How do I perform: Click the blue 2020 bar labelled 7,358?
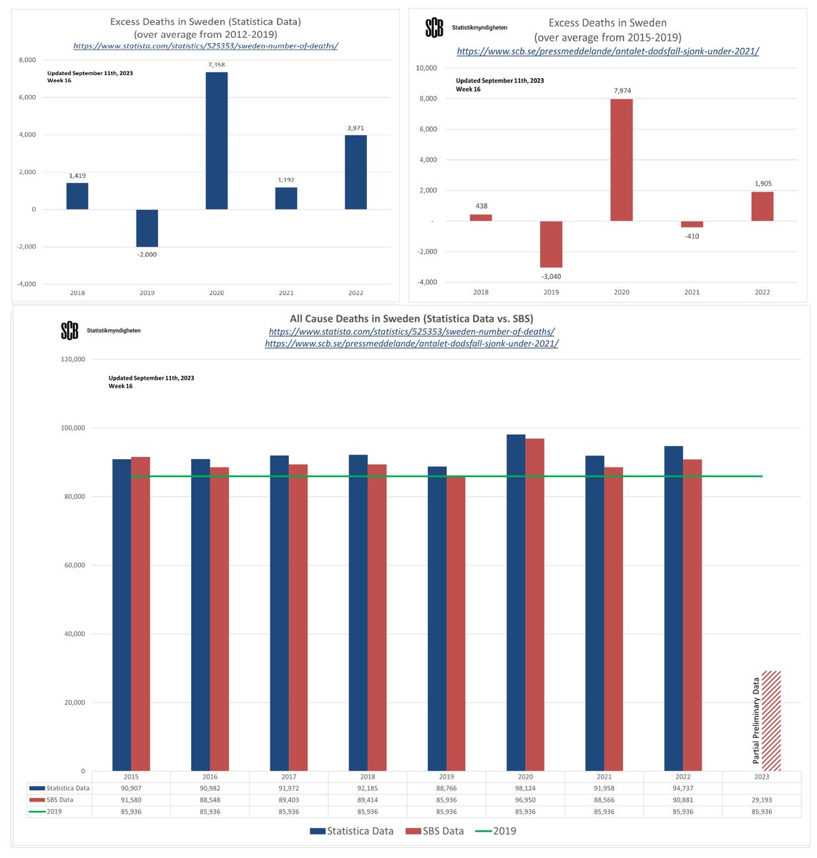[216, 141]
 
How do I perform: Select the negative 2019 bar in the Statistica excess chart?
[147, 228]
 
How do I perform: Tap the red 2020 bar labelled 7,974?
[621, 160]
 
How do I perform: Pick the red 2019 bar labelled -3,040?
[551, 244]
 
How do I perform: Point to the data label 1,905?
[763, 184]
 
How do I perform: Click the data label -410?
[692, 236]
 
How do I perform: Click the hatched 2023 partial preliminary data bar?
[771, 721]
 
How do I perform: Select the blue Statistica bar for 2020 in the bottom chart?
[516, 603]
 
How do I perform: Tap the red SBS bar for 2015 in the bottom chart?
[140, 613]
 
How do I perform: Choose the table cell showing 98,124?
[525, 788]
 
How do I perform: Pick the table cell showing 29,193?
[761, 800]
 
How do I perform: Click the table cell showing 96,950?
[525, 800]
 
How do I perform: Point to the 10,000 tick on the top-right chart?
[426, 68]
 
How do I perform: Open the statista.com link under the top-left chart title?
[205, 46]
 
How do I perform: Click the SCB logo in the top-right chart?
[434, 28]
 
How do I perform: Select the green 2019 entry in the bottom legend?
[495, 831]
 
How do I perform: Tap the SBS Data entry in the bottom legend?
[434, 831]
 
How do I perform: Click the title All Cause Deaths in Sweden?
[411, 318]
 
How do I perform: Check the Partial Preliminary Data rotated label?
[756, 721]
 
